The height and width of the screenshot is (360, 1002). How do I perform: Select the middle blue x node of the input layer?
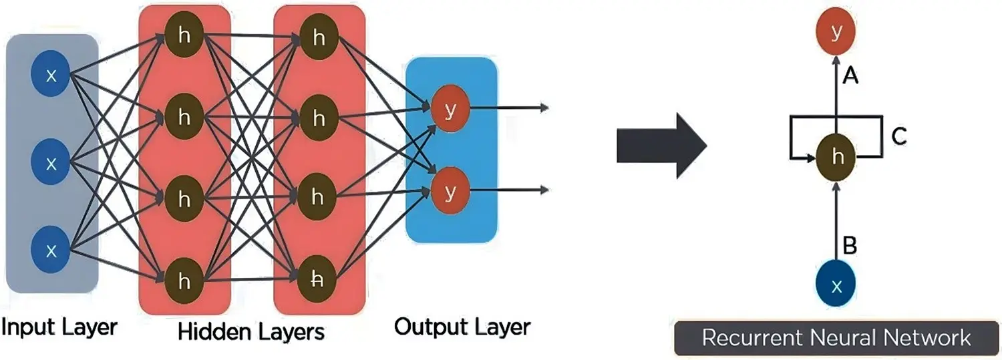(x=51, y=162)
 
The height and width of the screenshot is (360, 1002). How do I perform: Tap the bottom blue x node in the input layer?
(x=51, y=249)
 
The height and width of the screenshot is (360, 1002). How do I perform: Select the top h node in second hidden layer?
(x=318, y=37)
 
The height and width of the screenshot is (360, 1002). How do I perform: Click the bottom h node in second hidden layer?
(x=318, y=281)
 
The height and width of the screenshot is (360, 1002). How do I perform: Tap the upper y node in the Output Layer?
(x=450, y=111)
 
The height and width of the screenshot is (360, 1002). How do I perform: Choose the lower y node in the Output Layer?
(x=450, y=192)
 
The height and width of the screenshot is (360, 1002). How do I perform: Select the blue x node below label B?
(x=835, y=285)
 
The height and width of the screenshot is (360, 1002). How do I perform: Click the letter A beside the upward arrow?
(x=850, y=77)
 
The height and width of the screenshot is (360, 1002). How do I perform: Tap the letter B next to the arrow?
(x=850, y=246)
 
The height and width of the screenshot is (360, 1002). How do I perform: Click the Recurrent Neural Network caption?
(x=836, y=337)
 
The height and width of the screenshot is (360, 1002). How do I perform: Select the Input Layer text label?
(x=59, y=327)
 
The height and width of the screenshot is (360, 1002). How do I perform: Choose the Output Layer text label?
(x=462, y=327)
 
